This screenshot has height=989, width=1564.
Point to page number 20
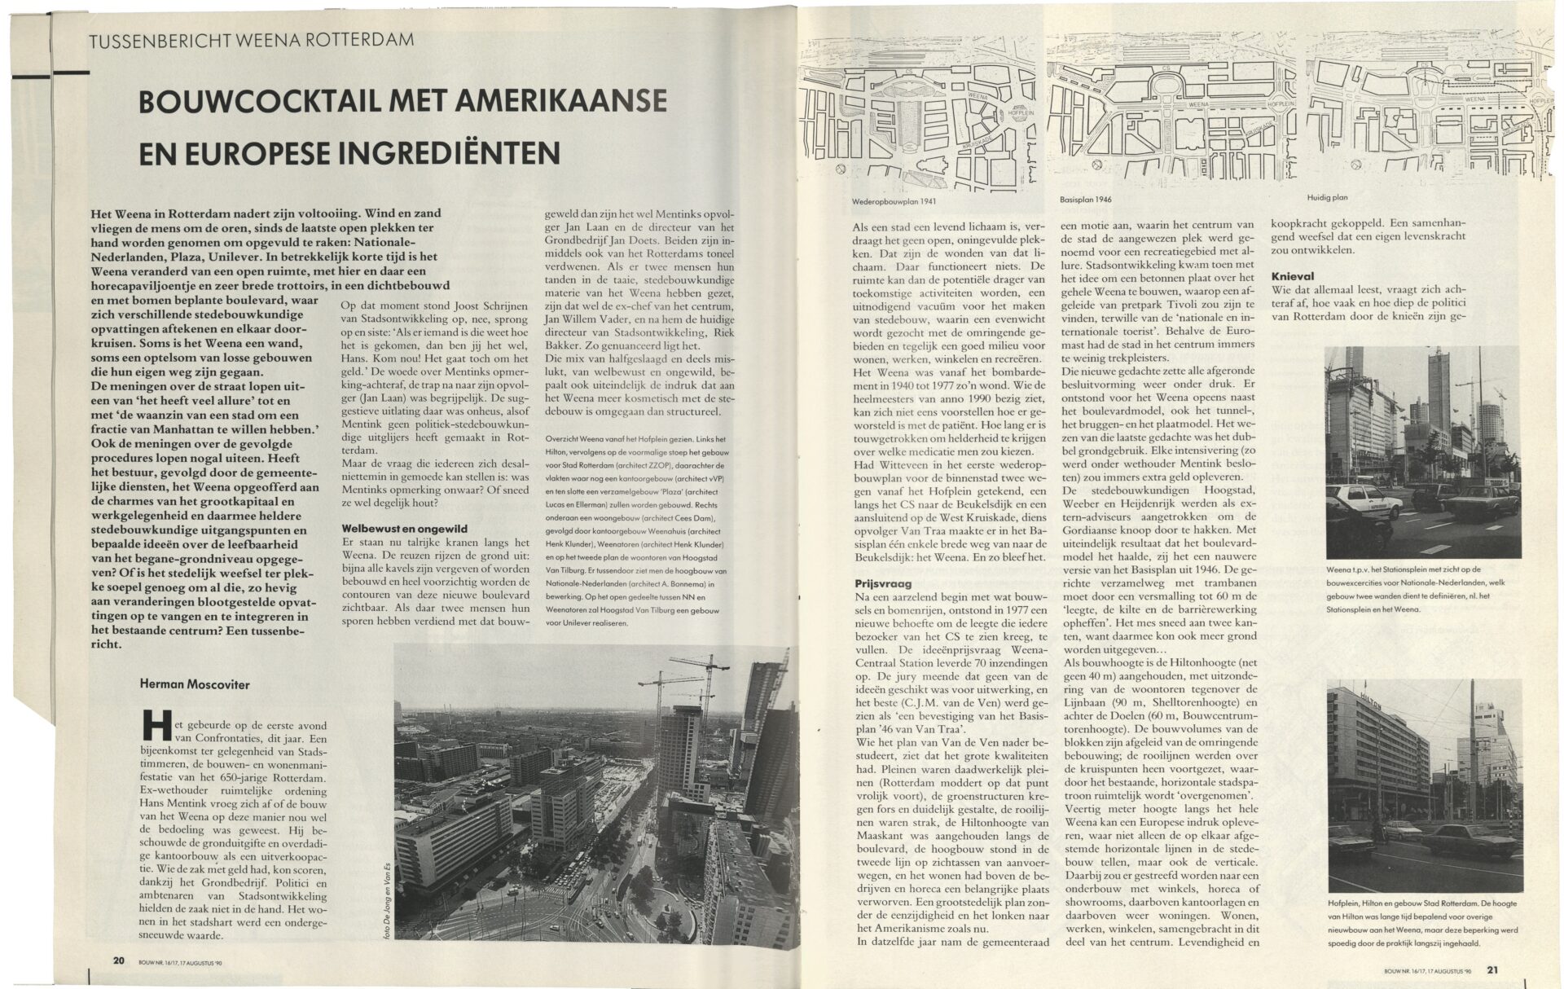(x=119, y=960)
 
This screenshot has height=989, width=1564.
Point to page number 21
(x=1492, y=969)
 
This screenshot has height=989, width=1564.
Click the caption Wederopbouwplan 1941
(x=884, y=201)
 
